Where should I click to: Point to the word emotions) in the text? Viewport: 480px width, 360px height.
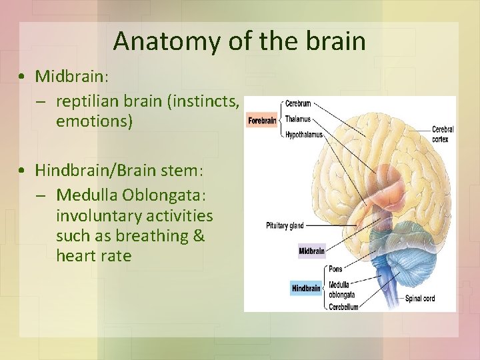pos(95,123)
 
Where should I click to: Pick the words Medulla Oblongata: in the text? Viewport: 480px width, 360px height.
pos(131,195)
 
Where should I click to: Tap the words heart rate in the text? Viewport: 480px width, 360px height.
pos(93,256)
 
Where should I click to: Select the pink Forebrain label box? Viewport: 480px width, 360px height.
pos(262,121)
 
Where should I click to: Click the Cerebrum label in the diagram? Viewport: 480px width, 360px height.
pos(297,105)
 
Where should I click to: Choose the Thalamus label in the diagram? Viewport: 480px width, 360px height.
pos(298,119)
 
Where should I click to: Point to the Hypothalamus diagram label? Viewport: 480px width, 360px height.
pos(303,135)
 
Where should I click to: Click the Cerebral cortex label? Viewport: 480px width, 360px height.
pos(443,134)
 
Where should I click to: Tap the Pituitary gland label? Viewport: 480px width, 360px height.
pos(285,226)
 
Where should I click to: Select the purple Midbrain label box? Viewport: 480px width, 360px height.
pos(311,251)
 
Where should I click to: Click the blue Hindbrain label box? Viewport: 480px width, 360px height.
pos(306,289)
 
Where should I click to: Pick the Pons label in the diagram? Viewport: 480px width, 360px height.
pos(335,269)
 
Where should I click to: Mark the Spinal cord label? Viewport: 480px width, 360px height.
pos(420,299)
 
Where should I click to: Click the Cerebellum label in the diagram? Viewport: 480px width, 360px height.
pos(343,307)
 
